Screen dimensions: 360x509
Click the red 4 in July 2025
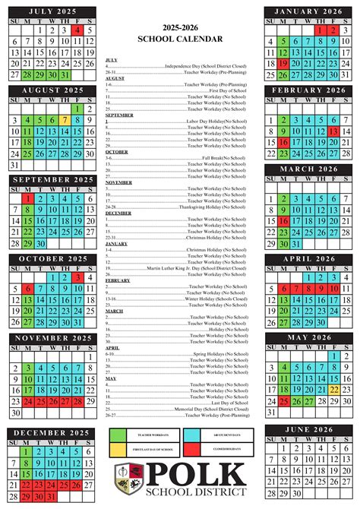tap(77, 30)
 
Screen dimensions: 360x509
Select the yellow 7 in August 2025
tap(65, 119)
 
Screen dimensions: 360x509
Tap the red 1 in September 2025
tap(27, 199)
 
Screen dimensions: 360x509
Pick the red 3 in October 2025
tap(77, 277)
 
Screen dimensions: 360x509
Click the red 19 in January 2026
tap(283, 65)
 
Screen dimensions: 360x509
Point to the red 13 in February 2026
tap(333, 131)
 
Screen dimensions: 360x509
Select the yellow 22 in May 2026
tap(333, 390)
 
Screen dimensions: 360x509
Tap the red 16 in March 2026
tap(283, 221)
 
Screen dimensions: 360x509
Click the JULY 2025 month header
tap(52, 11)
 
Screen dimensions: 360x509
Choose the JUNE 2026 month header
tap(308, 430)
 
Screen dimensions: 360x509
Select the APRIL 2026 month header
tap(308, 258)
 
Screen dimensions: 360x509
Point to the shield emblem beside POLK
tap(126, 479)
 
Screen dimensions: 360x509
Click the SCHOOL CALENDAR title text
tap(181, 38)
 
